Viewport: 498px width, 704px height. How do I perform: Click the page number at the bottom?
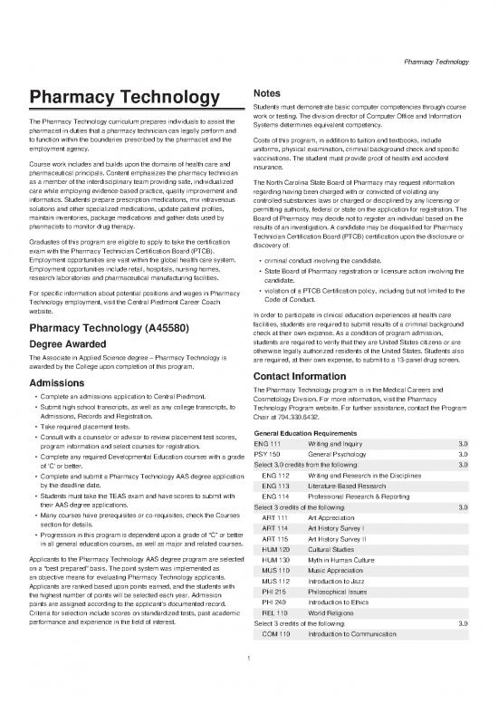coord(248,695)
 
